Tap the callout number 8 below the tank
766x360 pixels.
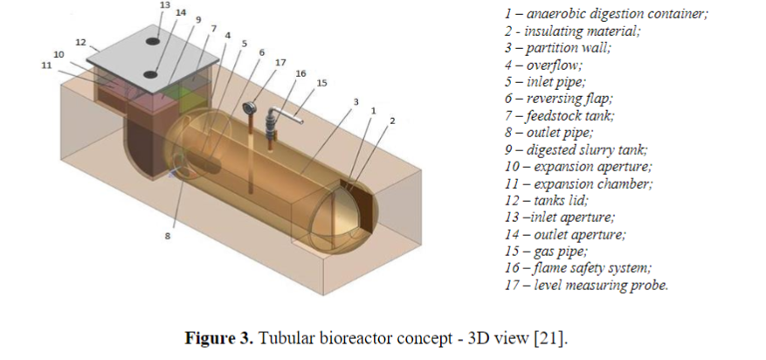(167, 236)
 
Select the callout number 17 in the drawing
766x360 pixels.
(279, 63)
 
